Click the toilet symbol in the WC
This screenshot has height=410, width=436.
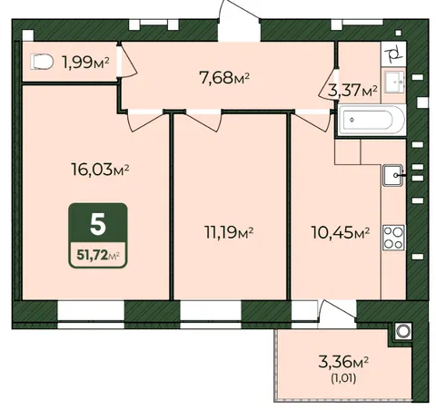pyautogui.click(x=42, y=62)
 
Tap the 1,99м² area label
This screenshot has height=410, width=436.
pyautogui.click(x=85, y=63)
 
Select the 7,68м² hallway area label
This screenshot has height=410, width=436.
pyautogui.click(x=224, y=77)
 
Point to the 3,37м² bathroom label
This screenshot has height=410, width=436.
pyautogui.click(x=352, y=90)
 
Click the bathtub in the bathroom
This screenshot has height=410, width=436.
pyautogui.click(x=372, y=120)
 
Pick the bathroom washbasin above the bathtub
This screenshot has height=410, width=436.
pyautogui.click(x=394, y=82)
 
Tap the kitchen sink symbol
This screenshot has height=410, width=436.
pyautogui.click(x=393, y=175)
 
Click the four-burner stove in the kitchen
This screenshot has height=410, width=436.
pyautogui.click(x=393, y=238)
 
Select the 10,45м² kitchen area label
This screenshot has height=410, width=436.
pyautogui.click(x=341, y=232)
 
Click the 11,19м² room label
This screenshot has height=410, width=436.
pyautogui.click(x=229, y=232)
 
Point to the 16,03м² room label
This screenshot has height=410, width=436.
pyautogui.click(x=100, y=169)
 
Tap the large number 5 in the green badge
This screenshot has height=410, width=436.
pyautogui.click(x=98, y=224)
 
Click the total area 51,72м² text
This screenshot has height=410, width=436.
pyautogui.click(x=98, y=256)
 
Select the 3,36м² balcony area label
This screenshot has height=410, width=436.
pyautogui.click(x=343, y=362)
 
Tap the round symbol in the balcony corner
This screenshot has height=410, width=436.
pyautogui.click(x=403, y=331)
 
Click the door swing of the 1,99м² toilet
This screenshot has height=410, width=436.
pyautogui.click(x=128, y=63)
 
